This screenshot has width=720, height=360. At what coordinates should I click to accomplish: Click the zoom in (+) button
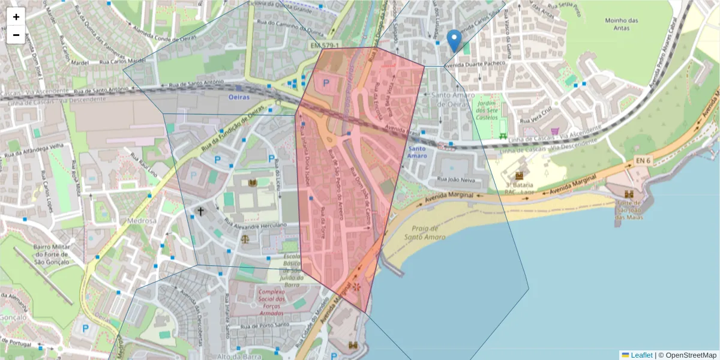pos(16,17)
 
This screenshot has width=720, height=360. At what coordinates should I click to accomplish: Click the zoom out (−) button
pos(16,35)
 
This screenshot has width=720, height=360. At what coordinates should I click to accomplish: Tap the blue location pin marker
pos(455,40)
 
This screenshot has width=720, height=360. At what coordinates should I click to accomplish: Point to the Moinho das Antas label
pos(621,25)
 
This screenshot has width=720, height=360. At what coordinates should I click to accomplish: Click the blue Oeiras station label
pos(238,96)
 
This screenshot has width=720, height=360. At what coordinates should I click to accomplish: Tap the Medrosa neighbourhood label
pos(142,221)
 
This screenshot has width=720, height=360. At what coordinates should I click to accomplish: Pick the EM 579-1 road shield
pos(325,46)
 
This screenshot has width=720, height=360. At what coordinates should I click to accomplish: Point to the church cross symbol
pos(200,211)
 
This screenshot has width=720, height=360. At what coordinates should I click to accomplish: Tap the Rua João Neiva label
pos(457,179)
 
